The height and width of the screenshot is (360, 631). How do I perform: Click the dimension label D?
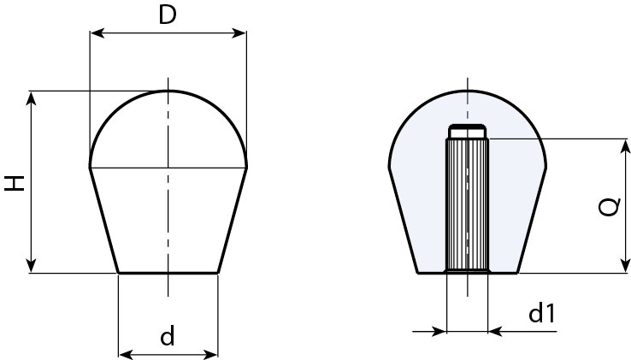[x=168, y=15]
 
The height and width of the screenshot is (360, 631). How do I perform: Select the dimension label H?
[x=15, y=183]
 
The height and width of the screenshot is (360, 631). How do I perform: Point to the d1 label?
[x=542, y=313]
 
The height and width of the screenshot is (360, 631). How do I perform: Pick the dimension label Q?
[x=608, y=207]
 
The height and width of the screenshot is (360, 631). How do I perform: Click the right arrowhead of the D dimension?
[x=239, y=33]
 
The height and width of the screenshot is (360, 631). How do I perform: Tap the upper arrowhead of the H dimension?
[x=31, y=98]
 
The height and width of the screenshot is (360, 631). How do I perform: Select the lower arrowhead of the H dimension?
[x=31, y=265]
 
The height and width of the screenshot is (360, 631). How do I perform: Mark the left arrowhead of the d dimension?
[x=127, y=355]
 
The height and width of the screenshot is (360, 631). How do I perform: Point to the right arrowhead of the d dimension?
[x=210, y=355]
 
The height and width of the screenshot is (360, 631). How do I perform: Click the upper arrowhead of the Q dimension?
[x=624, y=146]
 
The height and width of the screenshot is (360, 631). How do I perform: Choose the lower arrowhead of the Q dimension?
[x=624, y=265]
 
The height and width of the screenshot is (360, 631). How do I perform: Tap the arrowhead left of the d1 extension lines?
[x=439, y=332]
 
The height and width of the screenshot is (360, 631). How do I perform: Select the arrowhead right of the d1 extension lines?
[x=495, y=332]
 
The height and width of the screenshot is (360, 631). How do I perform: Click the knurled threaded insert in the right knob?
[x=467, y=205]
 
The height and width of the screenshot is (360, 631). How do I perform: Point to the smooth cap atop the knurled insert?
[x=467, y=132]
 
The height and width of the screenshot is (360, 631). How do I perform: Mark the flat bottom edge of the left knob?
[x=168, y=273]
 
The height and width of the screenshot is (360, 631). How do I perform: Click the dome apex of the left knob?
[x=168, y=91]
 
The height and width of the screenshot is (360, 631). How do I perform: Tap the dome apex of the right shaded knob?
[x=468, y=91]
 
